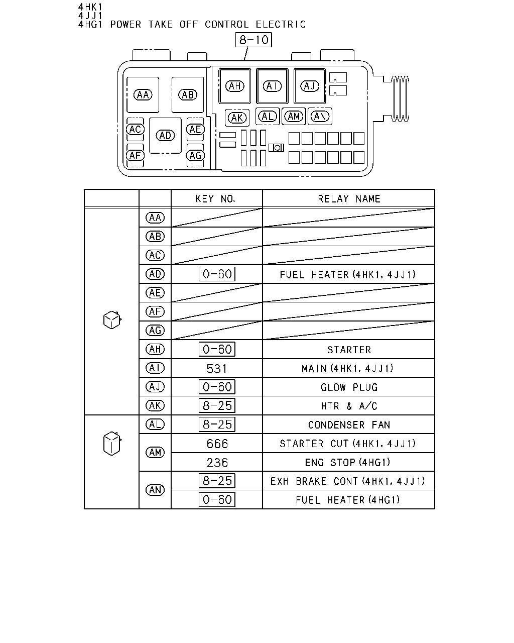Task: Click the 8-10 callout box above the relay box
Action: pyautogui.click(x=253, y=40)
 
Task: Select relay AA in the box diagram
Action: pyautogui.click(x=143, y=95)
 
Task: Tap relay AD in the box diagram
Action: pyautogui.click(x=165, y=135)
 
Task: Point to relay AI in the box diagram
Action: pyautogui.click(x=272, y=86)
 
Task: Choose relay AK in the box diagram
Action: pyautogui.click(x=237, y=118)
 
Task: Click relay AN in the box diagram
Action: pyautogui.click(x=320, y=116)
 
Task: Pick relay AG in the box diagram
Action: pyautogui.click(x=195, y=155)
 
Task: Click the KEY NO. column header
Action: pyautogui.click(x=215, y=199)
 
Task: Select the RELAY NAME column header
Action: pyautogui.click(x=349, y=199)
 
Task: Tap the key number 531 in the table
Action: pyautogui.click(x=217, y=369)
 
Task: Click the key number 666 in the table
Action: pyautogui.click(x=217, y=444)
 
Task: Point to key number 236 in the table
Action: pyautogui.click(x=217, y=463)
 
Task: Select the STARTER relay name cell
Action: pyautogui.click(x=349, y=350)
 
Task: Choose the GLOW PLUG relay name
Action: pyautogui.click(x=349, y=387)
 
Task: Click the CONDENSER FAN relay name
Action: pyautogui.click(x=349, y=425)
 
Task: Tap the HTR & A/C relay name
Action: pyautogui.click(x=349, y=406)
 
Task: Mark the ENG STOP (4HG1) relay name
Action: pyautogui.click(x=347, y=463)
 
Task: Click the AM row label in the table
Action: pyautogui.click(x=155, y=453)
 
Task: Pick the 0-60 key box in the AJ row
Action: pyautogui.click(x=217, y=387)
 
